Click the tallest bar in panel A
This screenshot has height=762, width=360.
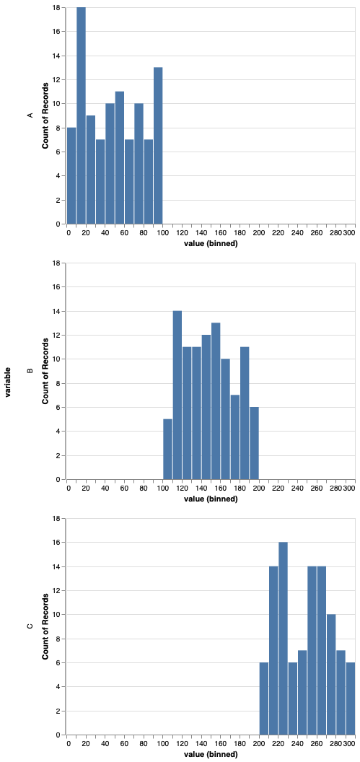tap(81, 115)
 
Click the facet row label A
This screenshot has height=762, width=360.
tap(30, 115)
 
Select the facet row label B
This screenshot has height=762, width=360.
tap(30, 371)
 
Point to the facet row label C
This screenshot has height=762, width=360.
tap(30, 626)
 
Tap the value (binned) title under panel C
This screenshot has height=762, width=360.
tap(211, 754)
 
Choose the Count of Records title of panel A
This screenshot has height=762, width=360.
tap(45, 115)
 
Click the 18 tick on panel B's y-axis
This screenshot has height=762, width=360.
tap(56, 263)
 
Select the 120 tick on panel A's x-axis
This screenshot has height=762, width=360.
tap(182, 233)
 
